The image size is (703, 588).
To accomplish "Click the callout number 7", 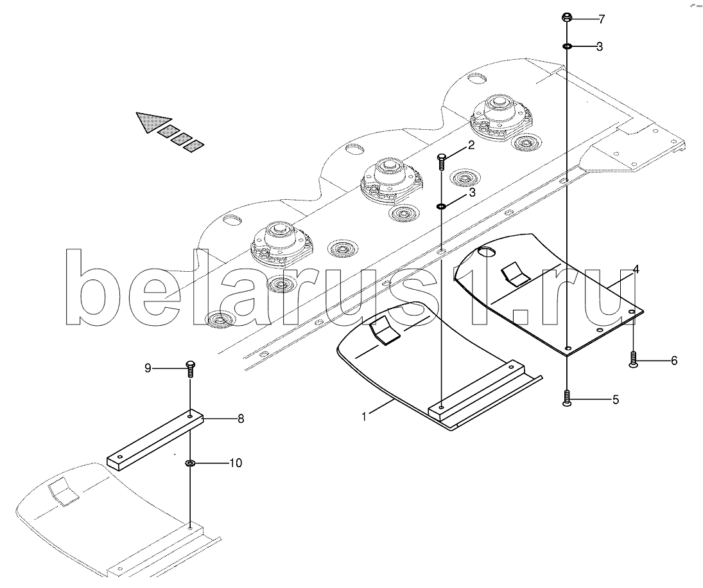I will tap(601, 19).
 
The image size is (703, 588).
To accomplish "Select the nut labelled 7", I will tap(568, 17).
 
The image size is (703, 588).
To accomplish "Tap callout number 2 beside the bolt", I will tap(471, 145).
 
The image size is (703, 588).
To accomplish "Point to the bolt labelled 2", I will tap(442, 161).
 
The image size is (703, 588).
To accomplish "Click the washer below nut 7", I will tap(568, 46).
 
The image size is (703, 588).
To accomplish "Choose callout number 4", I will tap(636, 269).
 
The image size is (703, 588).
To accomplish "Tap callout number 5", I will tap(615, 400).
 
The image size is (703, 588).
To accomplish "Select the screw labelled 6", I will tap(634, 360).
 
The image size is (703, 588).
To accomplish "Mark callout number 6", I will tap(674, 361).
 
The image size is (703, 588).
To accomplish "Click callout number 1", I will tap(363, 416).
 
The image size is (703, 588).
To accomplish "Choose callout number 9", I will tap(148, 368).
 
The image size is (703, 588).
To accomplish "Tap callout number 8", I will tap(241, 419).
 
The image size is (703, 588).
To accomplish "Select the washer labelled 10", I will tap(191, 463).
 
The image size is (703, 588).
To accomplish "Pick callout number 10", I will tap(236, 463).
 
